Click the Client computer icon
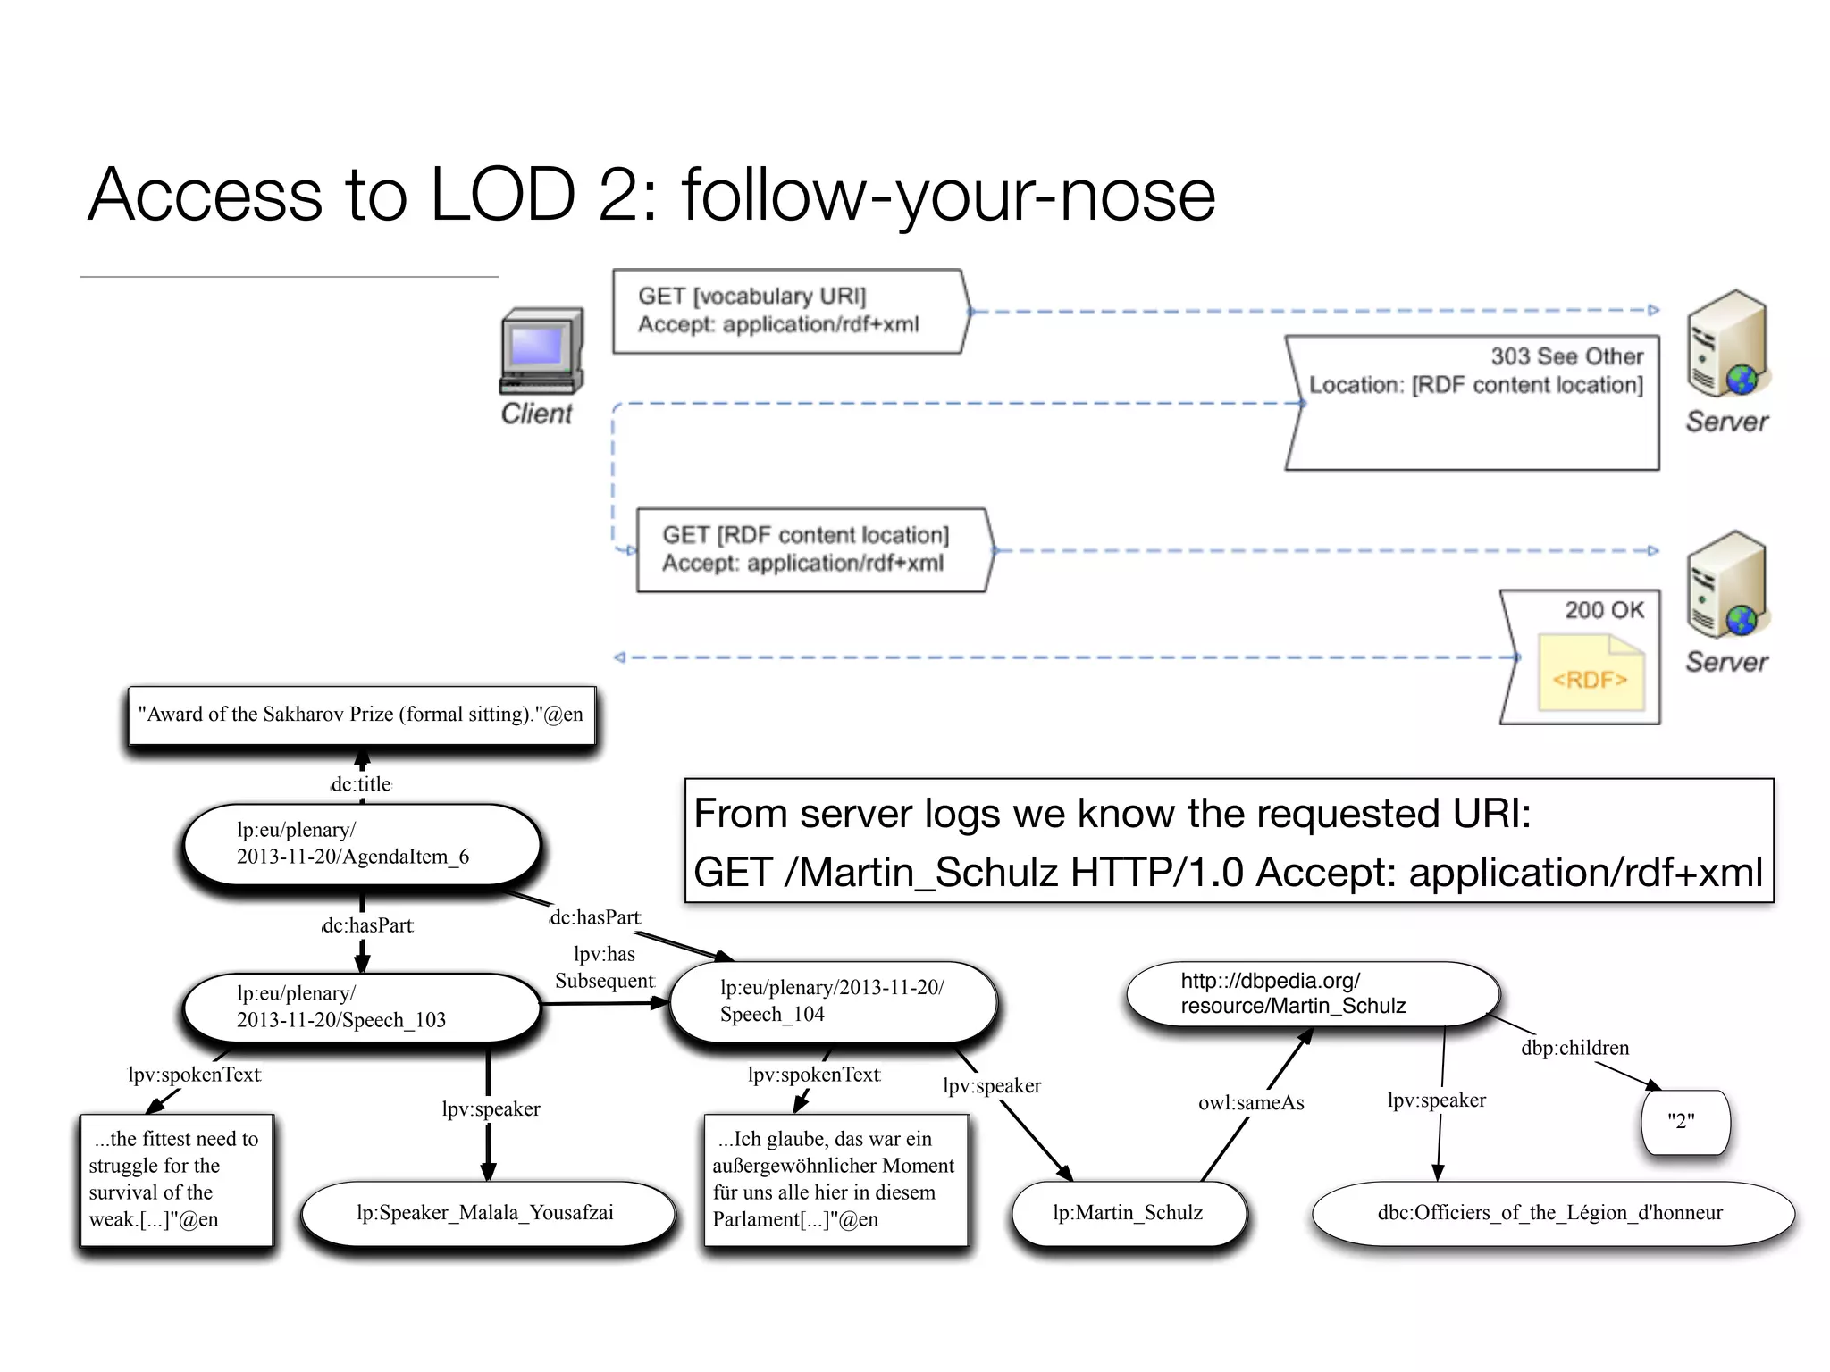point(541,352)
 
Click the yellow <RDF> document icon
point(1591,673)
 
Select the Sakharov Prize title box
point(361,715)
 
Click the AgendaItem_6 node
point(361,844)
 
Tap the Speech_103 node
point(361,1008)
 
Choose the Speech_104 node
point(832,1001)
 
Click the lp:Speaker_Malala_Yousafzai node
point(486,1213)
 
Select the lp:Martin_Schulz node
point(1128,1213)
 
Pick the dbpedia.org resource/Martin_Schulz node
point(1311,994)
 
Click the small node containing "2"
point(1684,1122)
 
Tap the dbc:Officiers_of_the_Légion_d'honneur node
point(1551,1213)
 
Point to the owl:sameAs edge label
point(1251,1103)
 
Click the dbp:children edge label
point(1574,1048)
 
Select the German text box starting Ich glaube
point(835,1179)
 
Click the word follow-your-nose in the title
point(947,195)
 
